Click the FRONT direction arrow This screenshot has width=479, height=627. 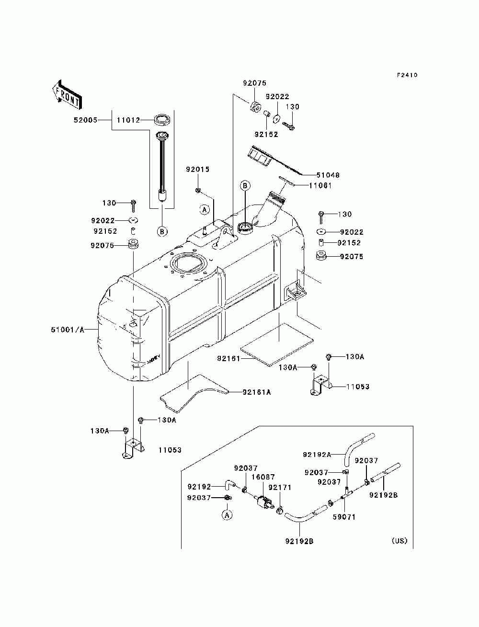[68, 94]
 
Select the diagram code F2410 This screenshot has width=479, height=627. [407, 75]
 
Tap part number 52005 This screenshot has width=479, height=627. [85, 120]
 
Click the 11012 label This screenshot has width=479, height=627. [128, 120]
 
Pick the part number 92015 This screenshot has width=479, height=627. [198, 169]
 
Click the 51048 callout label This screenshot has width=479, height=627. [328, 175]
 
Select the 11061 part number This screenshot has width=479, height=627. [320, 186]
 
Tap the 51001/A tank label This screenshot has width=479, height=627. [68, 330]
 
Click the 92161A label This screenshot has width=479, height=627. [256, 392]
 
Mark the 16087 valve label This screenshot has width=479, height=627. [263, 477]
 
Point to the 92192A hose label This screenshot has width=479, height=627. [317, 454]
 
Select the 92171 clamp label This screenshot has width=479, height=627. [280, 487]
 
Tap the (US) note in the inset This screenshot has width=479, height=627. [399, 540]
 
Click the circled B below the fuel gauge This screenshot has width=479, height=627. [162, 231]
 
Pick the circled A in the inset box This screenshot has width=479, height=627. [227, 515]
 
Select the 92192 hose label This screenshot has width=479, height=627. [199, 486]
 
